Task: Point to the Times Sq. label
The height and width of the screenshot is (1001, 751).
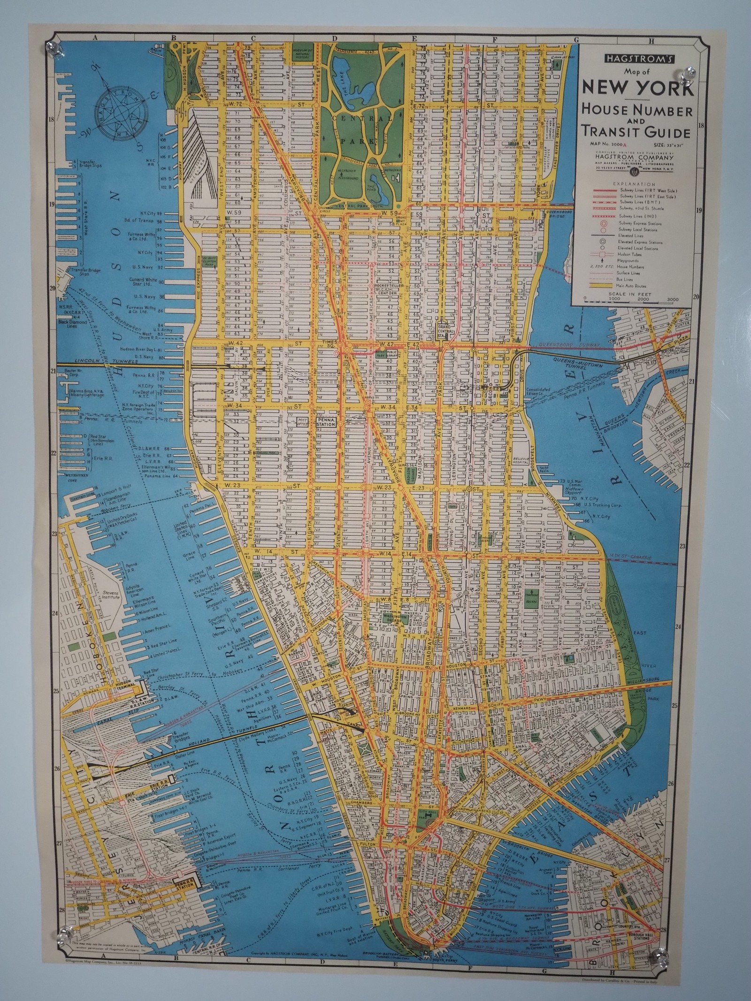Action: tap(331, 344)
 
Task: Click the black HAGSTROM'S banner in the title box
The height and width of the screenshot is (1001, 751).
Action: tap(633, 60)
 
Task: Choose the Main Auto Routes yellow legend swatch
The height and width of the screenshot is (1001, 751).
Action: tap(597, 285)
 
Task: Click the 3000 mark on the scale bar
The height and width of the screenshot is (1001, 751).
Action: tap(672, 299)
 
